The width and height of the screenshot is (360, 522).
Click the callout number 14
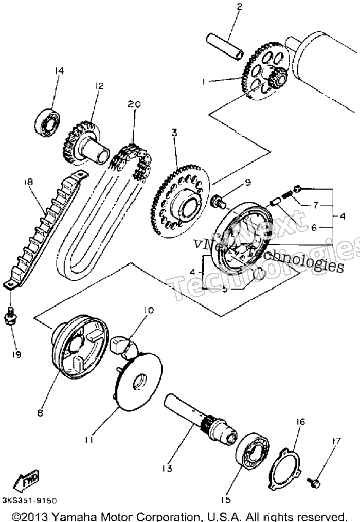[59, 70]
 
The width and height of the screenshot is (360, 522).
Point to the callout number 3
[174, 133]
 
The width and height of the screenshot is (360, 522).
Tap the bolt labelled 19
[10, 316]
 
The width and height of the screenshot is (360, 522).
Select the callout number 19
[16, 354]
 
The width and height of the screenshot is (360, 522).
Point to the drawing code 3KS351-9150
[29, 501]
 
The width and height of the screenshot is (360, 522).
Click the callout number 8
[40, 413]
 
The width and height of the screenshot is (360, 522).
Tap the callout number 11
[88, 440]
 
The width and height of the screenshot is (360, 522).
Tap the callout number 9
[248, 182]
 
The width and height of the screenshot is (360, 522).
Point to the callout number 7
[315, 205]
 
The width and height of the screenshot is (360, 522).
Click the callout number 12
[99, 86]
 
